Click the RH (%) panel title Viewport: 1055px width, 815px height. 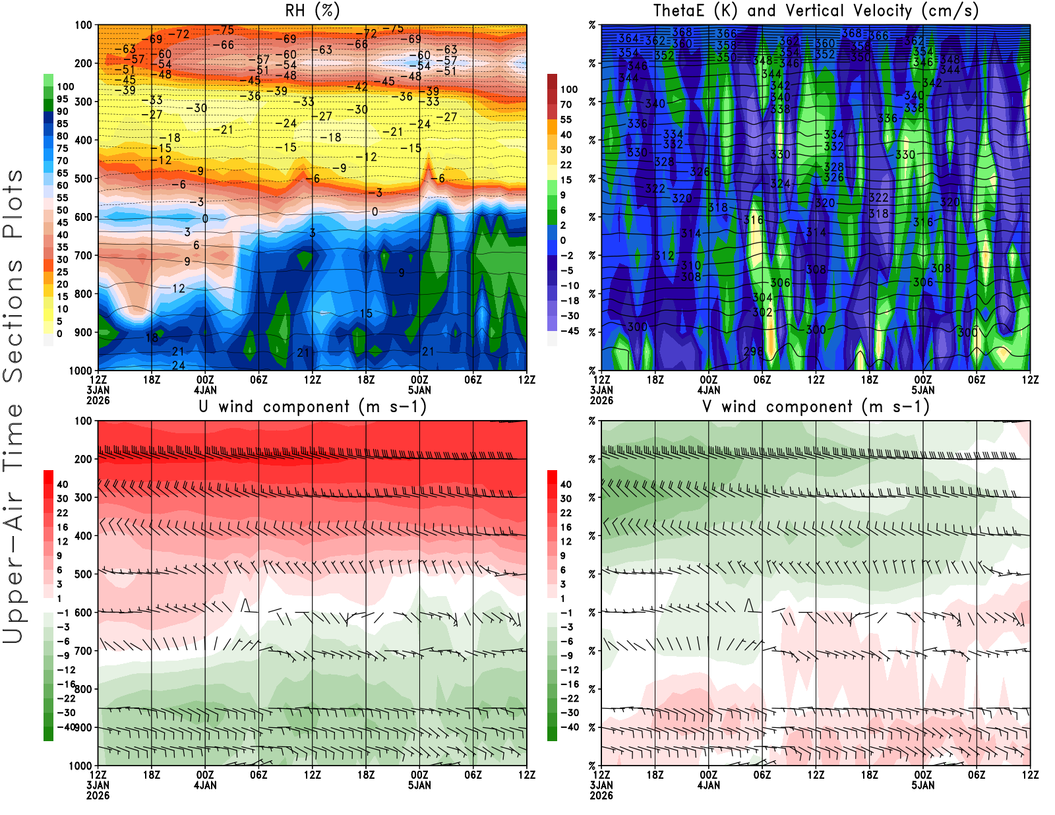coord(312,11)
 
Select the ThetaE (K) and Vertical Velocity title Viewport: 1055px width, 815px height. coord(816,11)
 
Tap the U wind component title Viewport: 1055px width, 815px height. coord(313,407)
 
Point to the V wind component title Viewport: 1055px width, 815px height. coord(816,407)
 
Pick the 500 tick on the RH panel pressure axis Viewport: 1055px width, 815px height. coord(83,179)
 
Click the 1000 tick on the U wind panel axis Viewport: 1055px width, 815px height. coord(80,766)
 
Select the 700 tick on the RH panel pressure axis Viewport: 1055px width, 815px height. coord(83,255)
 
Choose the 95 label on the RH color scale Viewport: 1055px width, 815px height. coord(62,99)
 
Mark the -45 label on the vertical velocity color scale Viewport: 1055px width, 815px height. coord(570,331)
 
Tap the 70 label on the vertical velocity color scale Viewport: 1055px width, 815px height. coord(566,104)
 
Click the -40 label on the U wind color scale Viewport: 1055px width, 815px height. coord(66,727)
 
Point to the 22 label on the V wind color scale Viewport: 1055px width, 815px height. coord(566,513)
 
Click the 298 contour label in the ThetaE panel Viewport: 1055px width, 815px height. coord(753,351)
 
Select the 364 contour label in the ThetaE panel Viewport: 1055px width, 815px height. coord(628,39)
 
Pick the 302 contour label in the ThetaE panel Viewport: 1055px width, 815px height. coord(762,312)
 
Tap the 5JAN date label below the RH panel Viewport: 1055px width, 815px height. coord(419,390)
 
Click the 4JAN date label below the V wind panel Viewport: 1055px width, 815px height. coord(708,785)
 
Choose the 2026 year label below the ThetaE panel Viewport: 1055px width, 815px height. coord(601,400)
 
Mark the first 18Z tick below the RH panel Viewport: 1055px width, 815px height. coord(152,380)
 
